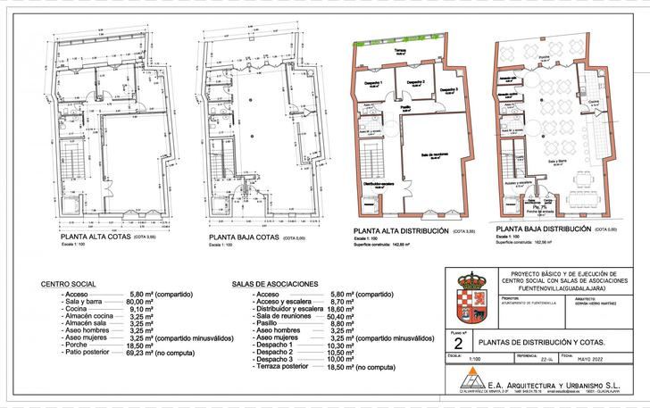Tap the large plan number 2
(458, 344)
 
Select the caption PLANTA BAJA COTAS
(243, 239)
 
